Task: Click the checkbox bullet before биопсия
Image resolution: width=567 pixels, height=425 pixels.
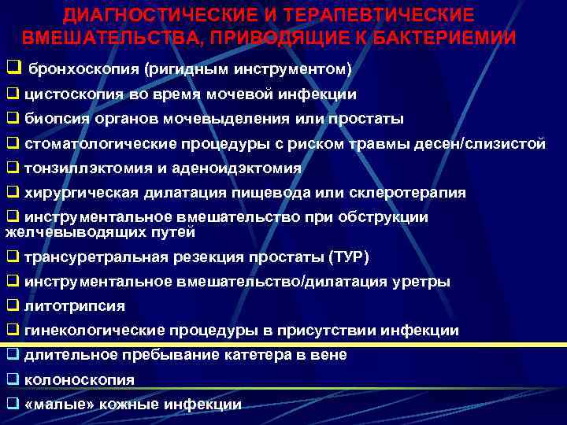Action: pyautogui.click(x=13, y=119)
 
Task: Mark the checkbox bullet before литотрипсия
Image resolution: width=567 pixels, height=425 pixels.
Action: pyautogui.click(x=13, y=306)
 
